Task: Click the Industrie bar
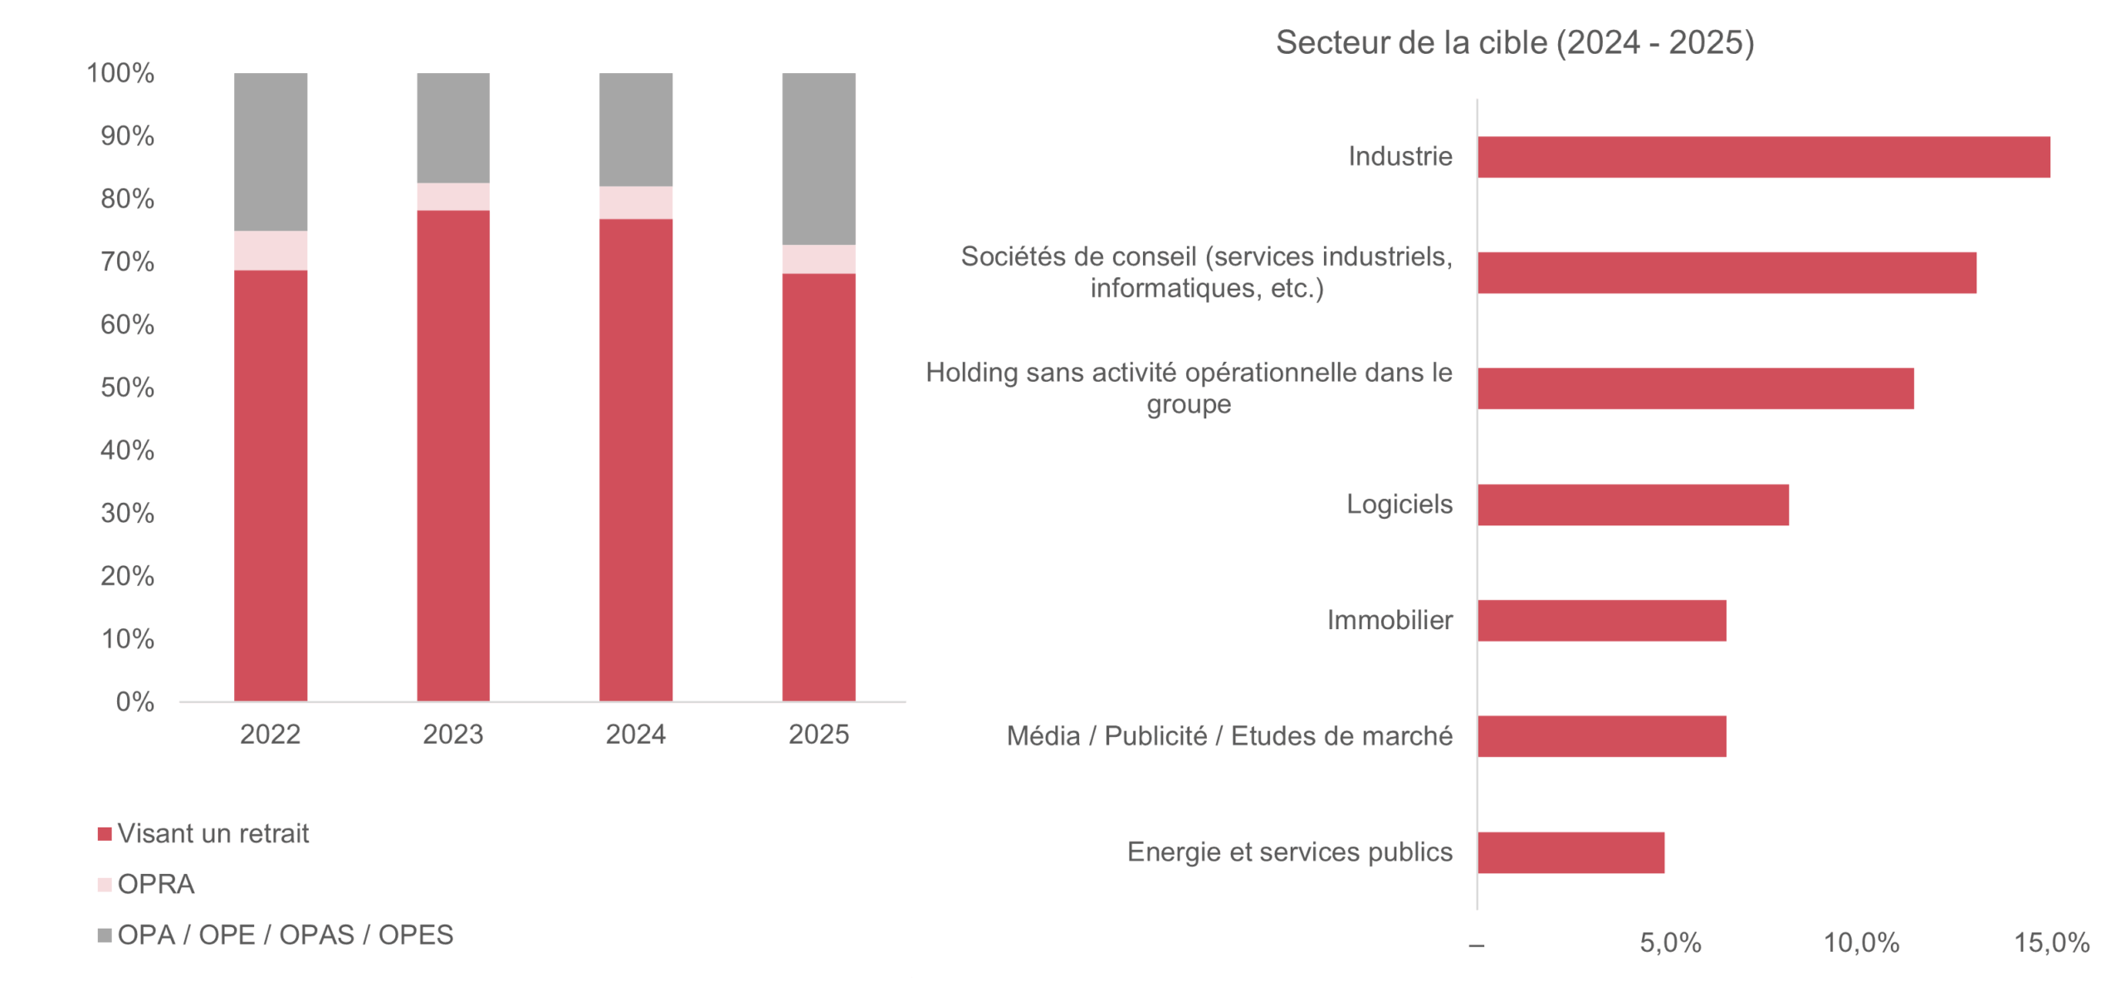click(1763, 157)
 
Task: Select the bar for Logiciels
click(1633, 505)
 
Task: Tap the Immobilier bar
click(1602, 621)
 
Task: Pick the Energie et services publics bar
click(1571, 852)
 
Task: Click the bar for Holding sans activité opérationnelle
click(1696, 388)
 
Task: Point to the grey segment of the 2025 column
click(818, 159)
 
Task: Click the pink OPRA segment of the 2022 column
click(271, 251)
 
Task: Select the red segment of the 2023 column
click(453, 456)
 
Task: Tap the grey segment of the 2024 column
click(636, 129)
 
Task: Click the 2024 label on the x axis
click(636, 735)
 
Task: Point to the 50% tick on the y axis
click(127, 388)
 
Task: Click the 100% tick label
click(120, 73)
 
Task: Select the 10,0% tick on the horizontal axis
click(1861, 943)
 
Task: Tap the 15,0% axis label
click(2052, 943)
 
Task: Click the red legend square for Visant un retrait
click(105, 834)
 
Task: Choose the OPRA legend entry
click(146, 885)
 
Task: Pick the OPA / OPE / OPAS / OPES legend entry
click(276, 935)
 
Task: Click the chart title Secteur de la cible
click(1515, 42)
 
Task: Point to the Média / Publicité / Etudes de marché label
click(1229, 736)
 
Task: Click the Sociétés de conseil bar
click(1727, 273)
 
